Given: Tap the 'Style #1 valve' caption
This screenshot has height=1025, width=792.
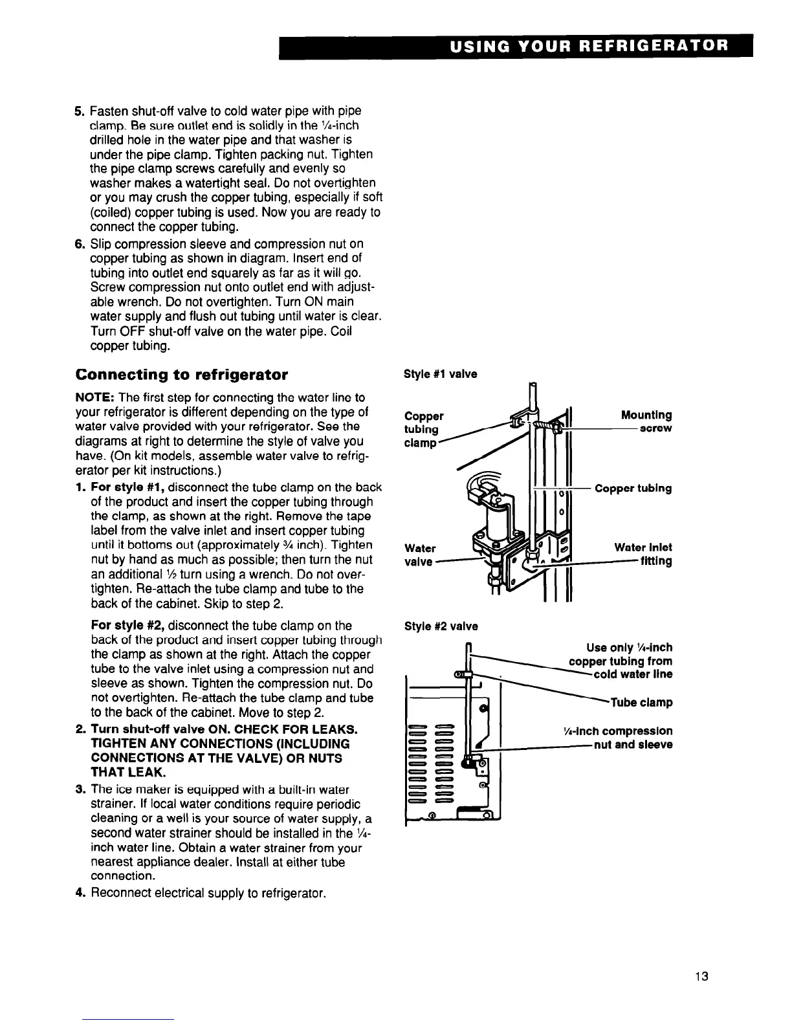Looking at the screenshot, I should [440, 374].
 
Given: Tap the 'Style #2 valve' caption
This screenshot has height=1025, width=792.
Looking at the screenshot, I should [441, 626].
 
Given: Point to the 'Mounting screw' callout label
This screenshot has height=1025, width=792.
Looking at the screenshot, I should [646, 421].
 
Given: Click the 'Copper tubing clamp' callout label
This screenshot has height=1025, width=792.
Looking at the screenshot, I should [424, 429].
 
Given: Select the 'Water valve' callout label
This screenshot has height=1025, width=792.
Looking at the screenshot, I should [419, 555].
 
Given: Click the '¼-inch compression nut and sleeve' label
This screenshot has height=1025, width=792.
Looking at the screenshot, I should [619, 738].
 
